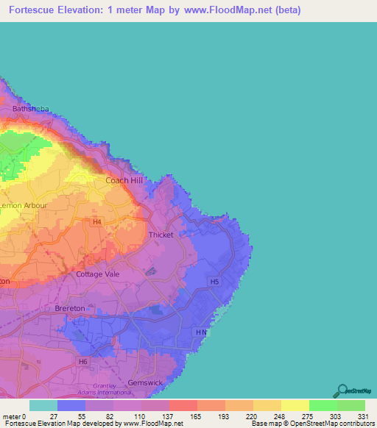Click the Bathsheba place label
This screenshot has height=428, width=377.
pos(29,109)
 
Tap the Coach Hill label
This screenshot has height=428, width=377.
pos(124,180)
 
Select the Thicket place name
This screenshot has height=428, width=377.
pos(161,235)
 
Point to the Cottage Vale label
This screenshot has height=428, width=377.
pos(98,274)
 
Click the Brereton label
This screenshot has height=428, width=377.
pos(71,309)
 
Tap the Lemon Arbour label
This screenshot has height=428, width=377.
pos(24,206)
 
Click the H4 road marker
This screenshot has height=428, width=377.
pos(96,221)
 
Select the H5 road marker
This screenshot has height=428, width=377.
pos(214,282)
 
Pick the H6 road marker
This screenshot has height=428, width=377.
pos(83,362)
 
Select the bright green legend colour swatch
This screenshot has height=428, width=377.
pos(323,405)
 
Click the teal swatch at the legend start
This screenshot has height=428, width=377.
pos(43,405)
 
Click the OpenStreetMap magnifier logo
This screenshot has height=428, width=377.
pos(342,390)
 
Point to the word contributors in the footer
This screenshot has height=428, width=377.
pos(356,424)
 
